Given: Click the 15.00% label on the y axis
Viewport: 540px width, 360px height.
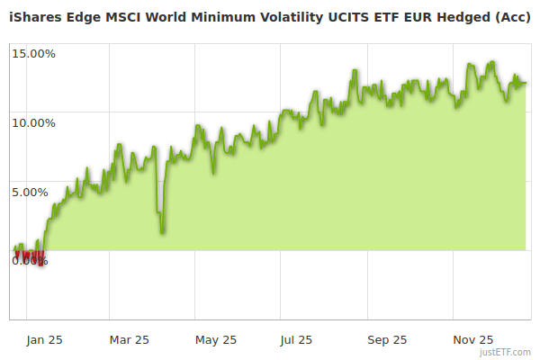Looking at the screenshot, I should [33, 53].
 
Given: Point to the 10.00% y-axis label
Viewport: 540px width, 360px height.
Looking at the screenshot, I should [33, 122].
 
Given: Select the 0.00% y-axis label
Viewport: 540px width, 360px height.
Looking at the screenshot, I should [30, 261].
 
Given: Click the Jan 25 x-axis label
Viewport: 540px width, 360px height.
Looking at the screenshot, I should [43, 339].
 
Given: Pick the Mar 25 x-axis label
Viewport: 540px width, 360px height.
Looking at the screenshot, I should [129, 339].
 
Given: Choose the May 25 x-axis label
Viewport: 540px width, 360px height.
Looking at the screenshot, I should [215, 339].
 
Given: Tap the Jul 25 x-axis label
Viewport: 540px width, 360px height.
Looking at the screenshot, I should [296, 339].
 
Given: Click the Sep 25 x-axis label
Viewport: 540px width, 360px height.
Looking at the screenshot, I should [387, 339].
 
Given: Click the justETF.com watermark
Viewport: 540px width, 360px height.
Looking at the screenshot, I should [505, 353].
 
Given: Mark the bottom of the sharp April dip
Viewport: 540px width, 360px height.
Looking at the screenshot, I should [162, 232].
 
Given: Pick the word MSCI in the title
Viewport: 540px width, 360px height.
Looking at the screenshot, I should [124, 16].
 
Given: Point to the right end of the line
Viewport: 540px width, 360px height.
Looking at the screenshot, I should [526, 84].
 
